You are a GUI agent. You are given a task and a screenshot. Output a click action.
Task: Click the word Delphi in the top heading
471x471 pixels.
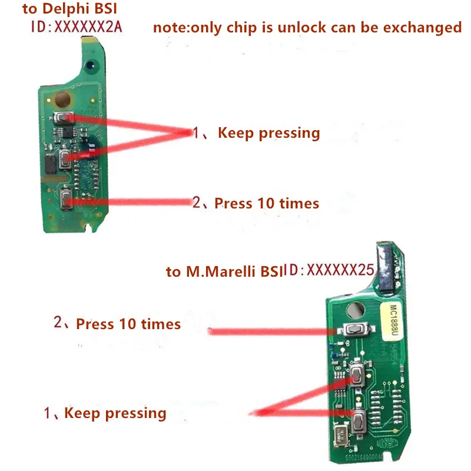pyautogui.click(x=65, y=9)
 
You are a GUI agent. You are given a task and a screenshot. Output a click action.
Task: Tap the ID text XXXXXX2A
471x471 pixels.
pyautogui.click(x=88, y=27)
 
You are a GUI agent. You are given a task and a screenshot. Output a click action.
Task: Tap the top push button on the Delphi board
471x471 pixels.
pyautogui.click(x=64, y=117)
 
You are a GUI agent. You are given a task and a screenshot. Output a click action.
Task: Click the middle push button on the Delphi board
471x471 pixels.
pyautogui.click(x=65, y=158)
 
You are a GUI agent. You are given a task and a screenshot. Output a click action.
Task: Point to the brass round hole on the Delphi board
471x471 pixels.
pyautogui.click(x=62, y=99)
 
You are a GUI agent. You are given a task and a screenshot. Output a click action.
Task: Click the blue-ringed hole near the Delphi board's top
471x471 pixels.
pyautogui.click(x=90, y=65)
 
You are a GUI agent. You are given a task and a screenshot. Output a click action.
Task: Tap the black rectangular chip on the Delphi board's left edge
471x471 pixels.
pyautogui.click(x=50, y=164)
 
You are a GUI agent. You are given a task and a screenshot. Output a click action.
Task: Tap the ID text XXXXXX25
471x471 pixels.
pyautogui.click(x=340, y=270)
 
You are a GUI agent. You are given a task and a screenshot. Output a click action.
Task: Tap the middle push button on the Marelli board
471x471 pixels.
pyautogui.click(x=357, y=375)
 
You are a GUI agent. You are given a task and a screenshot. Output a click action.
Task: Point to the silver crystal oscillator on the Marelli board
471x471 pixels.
pyautogui.click(x=341, y=434)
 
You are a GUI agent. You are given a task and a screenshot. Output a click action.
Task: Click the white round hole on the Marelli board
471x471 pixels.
pyautogui.click(x=356, y=310)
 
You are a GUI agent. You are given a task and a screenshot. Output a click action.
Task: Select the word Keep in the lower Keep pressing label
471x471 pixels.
pyautogui.click(x=82, y=413)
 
